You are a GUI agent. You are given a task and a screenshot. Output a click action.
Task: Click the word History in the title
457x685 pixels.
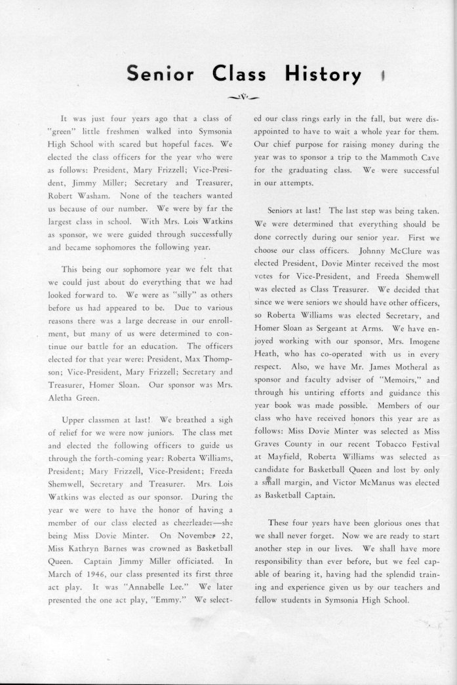[323, 75]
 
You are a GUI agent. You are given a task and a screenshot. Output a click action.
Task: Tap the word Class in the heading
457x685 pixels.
[239, 75]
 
